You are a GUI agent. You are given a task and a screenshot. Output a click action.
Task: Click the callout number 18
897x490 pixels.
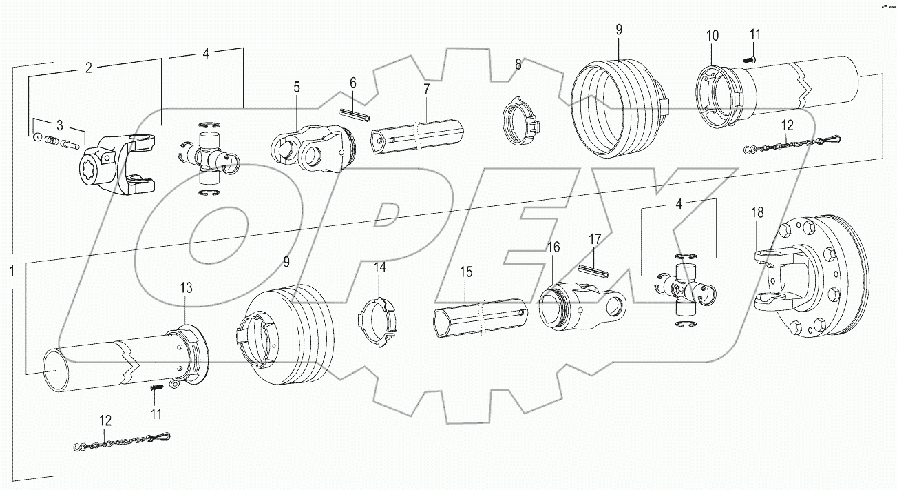coord(757,213)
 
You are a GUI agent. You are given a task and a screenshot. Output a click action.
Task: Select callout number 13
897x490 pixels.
coord(187,287)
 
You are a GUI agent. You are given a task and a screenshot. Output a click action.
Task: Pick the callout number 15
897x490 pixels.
coord(466,272)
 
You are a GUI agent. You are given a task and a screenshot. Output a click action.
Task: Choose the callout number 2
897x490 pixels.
coord(88,68)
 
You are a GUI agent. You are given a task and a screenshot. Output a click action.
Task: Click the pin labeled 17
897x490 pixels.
coord(595,269)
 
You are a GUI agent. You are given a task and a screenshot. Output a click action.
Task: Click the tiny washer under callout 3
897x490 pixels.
coord(35,137)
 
